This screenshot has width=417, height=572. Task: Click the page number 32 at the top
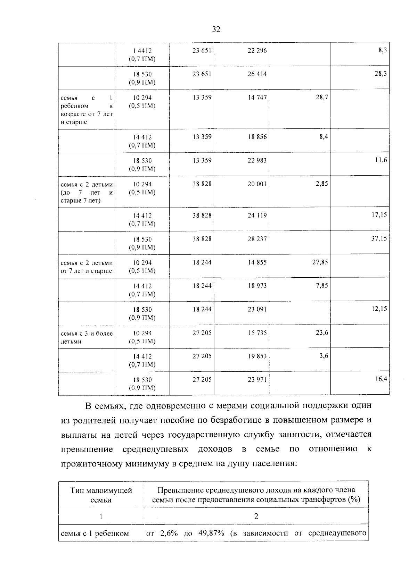tap(216, 30)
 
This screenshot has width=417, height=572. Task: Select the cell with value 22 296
tap(257, 51)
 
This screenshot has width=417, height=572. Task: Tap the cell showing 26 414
tap(257, 74)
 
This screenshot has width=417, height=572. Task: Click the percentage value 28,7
tap(322, 98)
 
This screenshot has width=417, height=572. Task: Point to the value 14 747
tap(257, 98)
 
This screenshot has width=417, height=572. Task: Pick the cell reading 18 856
tap(257, 137)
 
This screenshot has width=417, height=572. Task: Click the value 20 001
tap(257, 184)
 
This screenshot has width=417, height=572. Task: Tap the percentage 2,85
tap(322, 184)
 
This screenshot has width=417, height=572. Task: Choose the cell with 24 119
tap(257, 216)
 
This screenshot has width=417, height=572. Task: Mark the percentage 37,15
tap(379, 239)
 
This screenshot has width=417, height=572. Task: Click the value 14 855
tap(257, 262)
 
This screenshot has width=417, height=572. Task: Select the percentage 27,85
tap(320, 262)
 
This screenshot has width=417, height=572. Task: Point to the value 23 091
tap(257, 310)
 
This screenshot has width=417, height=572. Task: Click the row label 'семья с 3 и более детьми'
tap(87, 337)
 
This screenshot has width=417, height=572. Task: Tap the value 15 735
tap(257, 333)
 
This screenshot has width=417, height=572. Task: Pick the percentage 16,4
tap(381, 380)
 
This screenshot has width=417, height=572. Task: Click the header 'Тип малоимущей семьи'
tap(101, 495)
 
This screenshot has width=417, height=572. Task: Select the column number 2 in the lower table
tap(256, 516)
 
